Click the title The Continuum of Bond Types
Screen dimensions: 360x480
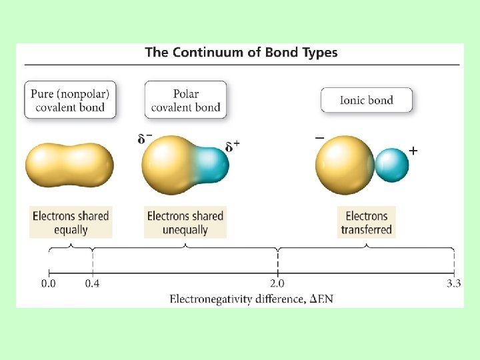tap(241, 53)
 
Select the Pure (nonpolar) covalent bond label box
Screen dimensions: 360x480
tap(70, 100)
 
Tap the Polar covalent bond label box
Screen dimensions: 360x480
tap(185, 100)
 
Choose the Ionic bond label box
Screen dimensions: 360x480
tap(367, 100)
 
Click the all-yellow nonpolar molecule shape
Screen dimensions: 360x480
tap(69, 165)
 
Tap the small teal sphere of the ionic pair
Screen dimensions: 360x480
tap(392, 165)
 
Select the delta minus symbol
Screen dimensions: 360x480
tap(144, 139)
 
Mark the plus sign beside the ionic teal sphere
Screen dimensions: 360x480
tap(413, 151)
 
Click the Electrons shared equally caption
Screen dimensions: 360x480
tap(71, 223)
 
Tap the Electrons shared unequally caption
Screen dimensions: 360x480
tap(185, 223)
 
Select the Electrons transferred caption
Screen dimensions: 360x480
tap(367, 223)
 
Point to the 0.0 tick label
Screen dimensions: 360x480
tap(49, 284)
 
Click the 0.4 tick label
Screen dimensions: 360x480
tap(93, 284)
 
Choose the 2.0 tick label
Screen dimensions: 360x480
tap(277, 284)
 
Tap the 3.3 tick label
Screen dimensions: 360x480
tap(453, 284)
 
